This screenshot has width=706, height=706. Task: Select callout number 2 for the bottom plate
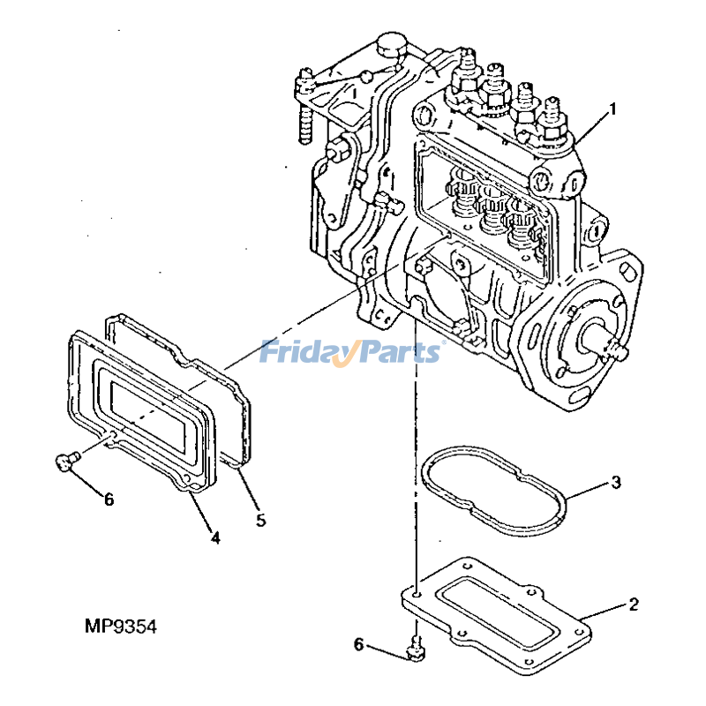pos(633,605)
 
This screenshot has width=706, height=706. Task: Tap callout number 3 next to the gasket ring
pos(616,483)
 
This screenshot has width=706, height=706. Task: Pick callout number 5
pos(260,520)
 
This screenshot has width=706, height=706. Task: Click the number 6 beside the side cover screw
pos(109,499)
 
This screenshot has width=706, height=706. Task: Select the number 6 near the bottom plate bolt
pos(359,645)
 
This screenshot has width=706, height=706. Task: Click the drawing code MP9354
pos(120,627)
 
